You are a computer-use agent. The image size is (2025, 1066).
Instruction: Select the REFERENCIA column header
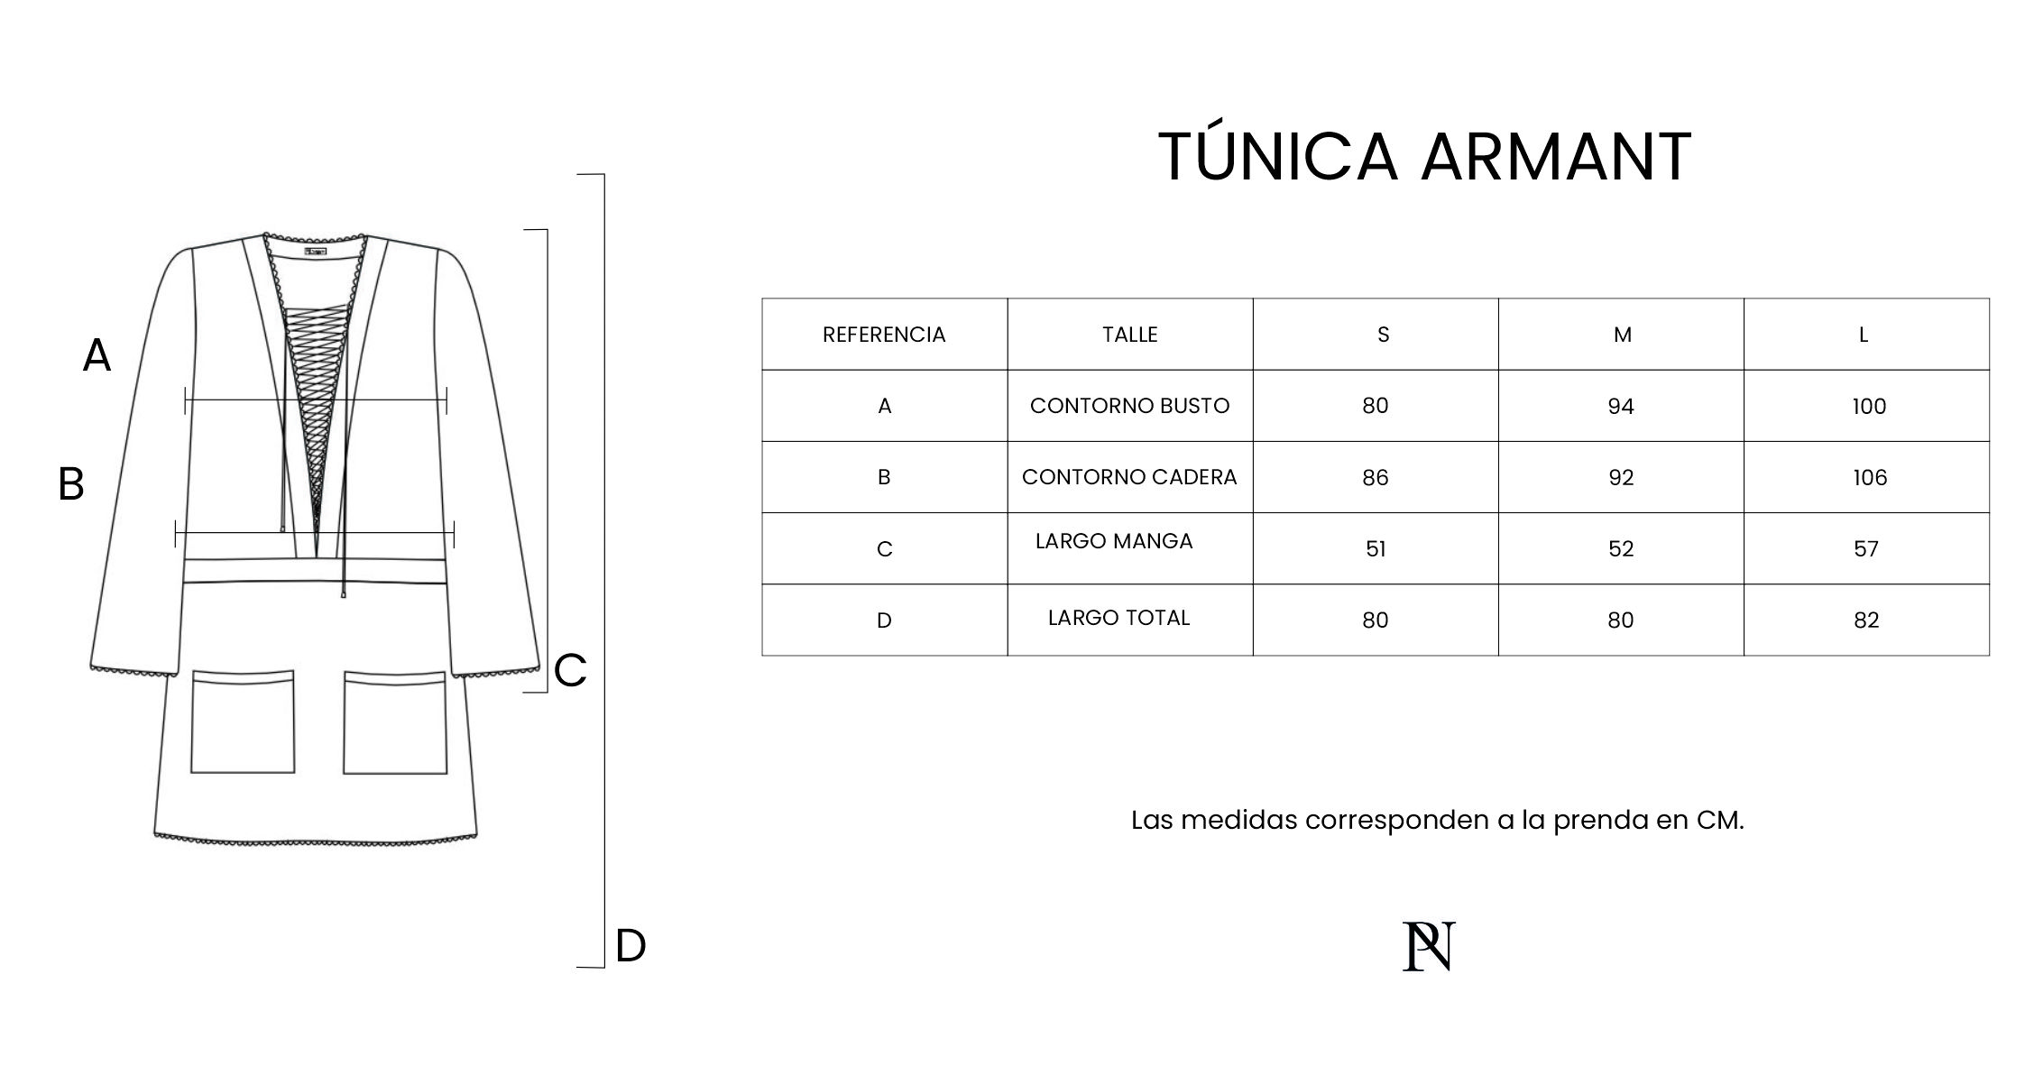pos(884,335)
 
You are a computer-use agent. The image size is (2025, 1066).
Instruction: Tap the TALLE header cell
pos(1129,335)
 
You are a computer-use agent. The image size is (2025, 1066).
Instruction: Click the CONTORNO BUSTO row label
pos(1129,406)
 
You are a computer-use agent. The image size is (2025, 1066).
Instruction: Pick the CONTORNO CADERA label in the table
pos(1129,477)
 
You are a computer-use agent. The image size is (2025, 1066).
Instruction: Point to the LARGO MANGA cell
pos(1114,541)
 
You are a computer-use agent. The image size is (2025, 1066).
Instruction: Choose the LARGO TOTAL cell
pos(1118,618)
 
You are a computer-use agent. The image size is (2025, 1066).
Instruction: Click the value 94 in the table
pos(1621,407)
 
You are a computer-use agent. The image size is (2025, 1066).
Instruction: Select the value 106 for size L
pos(1870,478)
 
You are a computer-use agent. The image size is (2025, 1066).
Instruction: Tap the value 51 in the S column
pos(1376,549)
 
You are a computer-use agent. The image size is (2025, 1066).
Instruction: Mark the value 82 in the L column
pos(1866,620)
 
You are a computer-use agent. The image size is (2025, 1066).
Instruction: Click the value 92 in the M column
pos(1621,478)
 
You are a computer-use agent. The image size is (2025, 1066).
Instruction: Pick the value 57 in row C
pos(1866,549)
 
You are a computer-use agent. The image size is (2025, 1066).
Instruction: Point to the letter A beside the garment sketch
pos(97,355)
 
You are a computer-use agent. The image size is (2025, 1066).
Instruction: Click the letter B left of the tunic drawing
pos(71,484)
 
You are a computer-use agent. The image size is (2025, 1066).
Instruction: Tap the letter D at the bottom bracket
pos(631,946)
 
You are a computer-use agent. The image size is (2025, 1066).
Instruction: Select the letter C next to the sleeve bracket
pos(570,671)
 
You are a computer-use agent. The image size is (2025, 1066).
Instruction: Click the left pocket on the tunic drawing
pos(243,721)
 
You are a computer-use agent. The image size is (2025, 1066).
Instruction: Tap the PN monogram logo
pos(1429,946)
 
